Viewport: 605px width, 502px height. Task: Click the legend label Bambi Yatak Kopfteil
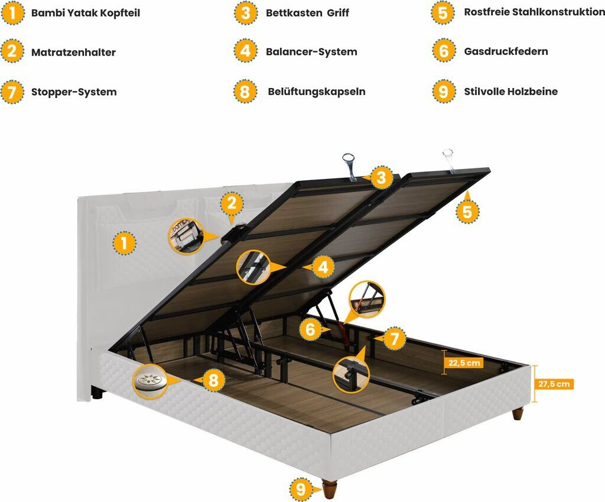click(x=85, y=12)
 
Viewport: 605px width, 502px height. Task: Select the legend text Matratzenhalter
click(x=73, y=52)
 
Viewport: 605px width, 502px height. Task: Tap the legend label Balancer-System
click(x=311, y=51)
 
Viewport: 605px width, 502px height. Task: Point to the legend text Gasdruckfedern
click(x=506, y=51)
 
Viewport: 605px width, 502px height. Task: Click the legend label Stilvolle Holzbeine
click(x=510, y=91)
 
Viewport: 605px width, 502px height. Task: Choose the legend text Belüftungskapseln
click(x=316, y=92)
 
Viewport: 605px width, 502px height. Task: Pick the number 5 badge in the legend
click(x=443, y=12)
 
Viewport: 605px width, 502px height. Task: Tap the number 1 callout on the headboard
click(x=123, y=242)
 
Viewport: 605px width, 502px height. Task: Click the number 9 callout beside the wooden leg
click(x=301, y=488)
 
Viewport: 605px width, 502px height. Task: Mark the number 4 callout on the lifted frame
click(x=322, y=267)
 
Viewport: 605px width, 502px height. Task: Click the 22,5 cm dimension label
click(x=464, y=363)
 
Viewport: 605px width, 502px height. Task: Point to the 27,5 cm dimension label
click(x=554, y=384)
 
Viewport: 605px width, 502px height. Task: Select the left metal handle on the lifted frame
click(x=349, y=165)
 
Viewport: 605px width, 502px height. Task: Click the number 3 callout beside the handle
click(x=381, y=176)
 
